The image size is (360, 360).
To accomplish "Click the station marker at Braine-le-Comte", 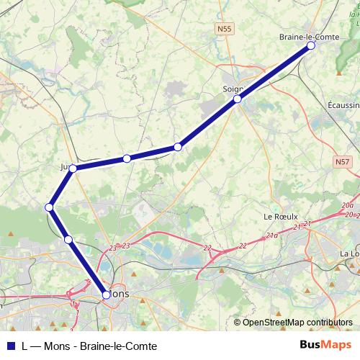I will pyautogui.click(x=311, y=45).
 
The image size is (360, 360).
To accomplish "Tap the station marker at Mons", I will pyautogui.click(x=107, y=294).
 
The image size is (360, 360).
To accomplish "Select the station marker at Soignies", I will pyautogui.click(x=237, y=99).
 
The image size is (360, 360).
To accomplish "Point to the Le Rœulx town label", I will pyautogui.click(x=276, y=216).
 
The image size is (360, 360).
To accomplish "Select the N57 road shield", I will pyautogui.click(x=343, y=163).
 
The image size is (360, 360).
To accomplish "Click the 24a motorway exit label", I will pyautogui.click(x=271, y=235).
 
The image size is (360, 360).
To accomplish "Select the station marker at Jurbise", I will pyautogui.click(x=73, y=168).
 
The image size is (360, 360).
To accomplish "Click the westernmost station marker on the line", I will pyautogui.click(x=50, y=207).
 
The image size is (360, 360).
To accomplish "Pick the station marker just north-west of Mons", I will pyautogui.click(x=68, y=239).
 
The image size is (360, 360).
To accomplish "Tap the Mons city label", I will pyautogui.click(x=120, y=294).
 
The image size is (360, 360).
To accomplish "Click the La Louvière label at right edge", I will pyautogui.click(x=350, y=254).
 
